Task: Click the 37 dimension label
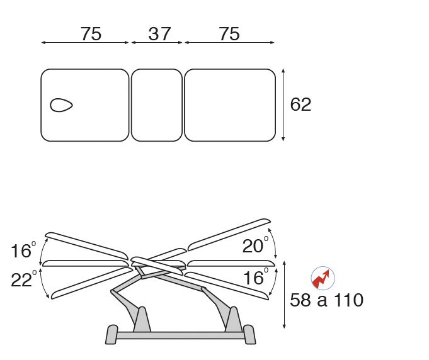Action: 160,34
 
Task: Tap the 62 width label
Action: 300,104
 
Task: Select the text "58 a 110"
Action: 327,300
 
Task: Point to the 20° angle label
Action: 256,245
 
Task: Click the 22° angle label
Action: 23,279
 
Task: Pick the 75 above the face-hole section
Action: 91,34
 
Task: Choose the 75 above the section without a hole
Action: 229,34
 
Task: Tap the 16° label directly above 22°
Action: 23,250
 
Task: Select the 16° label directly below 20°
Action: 256,277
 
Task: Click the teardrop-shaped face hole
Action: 61,105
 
